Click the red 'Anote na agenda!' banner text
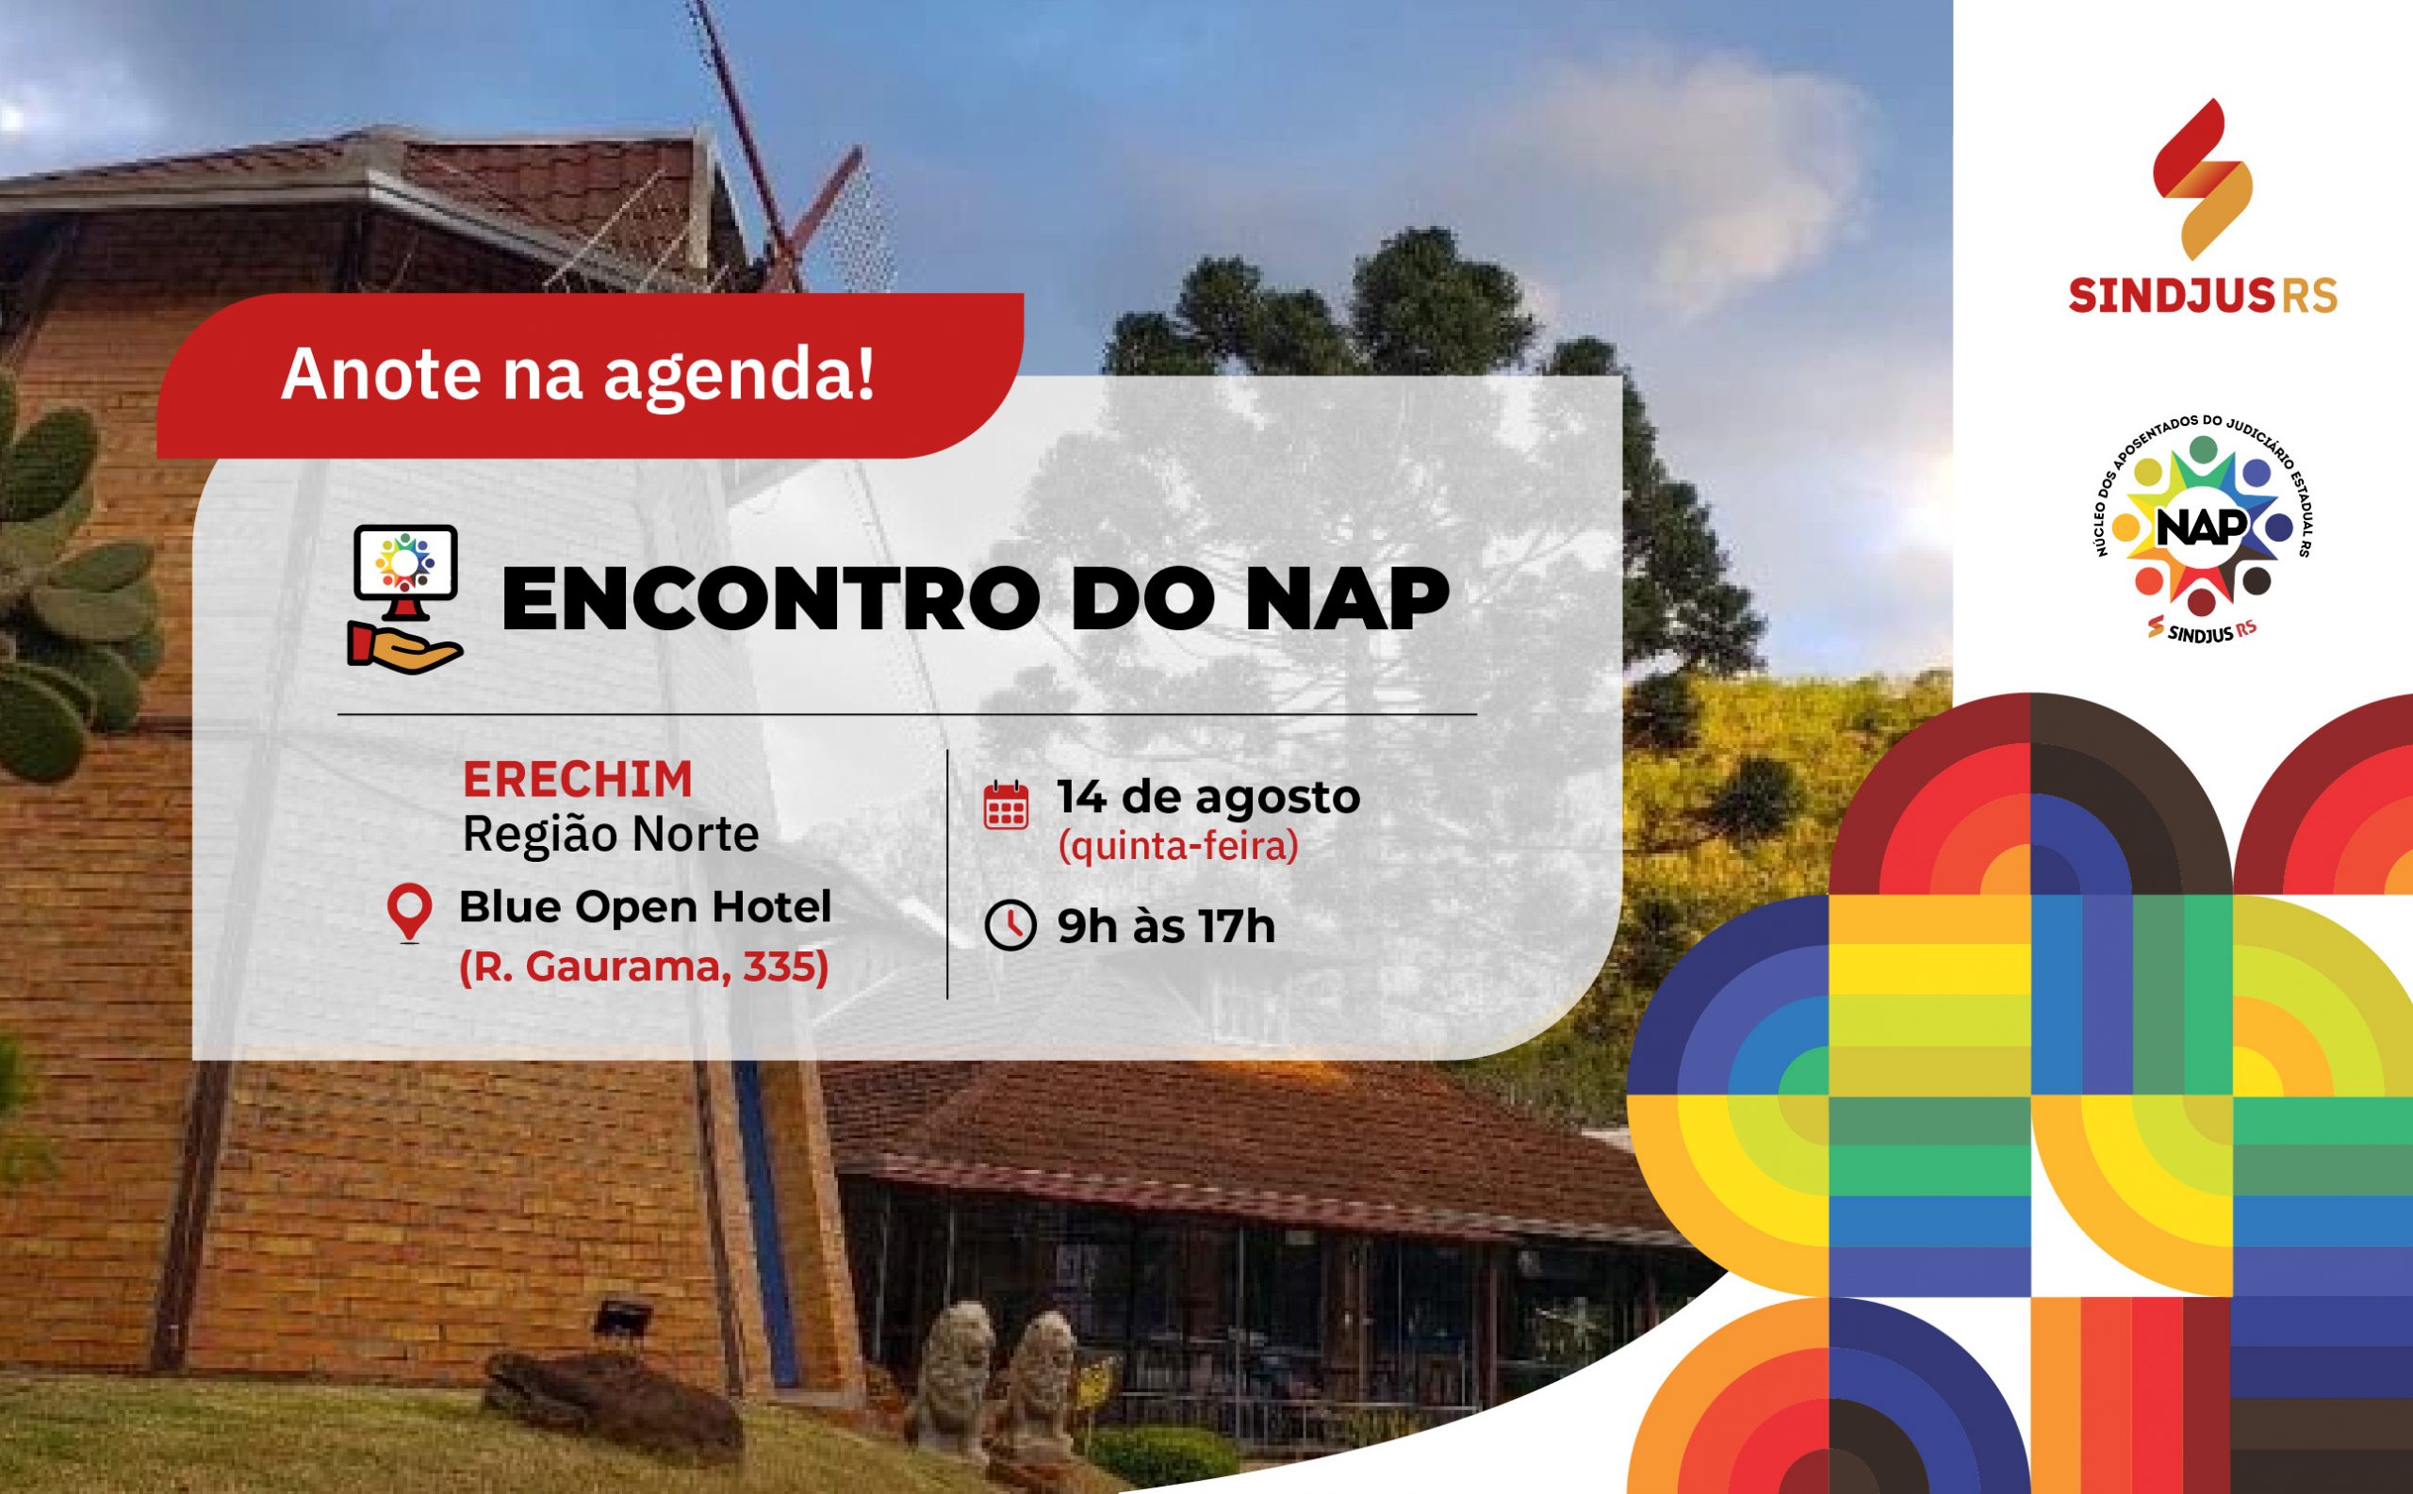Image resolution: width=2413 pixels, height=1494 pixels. tap(579, 375)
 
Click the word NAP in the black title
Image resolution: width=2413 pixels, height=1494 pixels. tap(1347, 599)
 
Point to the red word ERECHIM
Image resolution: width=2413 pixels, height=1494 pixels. tap(577, 780)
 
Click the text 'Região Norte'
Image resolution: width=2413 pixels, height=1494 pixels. tap(611, 834)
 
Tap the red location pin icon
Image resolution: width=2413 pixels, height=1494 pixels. tap(409, 912)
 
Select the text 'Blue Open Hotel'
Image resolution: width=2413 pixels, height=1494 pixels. tap(646, 906)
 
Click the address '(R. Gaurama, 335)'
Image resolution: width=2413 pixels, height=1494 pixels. tap(645, 966)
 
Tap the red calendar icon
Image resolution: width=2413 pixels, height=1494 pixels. tap(1007, 804)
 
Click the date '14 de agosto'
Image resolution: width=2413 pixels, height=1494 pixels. tap(1209, 796)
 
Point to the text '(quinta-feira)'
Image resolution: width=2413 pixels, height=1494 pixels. tap(1178, 847)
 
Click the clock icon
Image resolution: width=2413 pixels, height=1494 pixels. tap(1010, 926)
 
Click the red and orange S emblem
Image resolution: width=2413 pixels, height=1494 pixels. tap(2203, 179)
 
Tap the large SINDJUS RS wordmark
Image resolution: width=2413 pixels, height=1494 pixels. tap(2203, 296)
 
